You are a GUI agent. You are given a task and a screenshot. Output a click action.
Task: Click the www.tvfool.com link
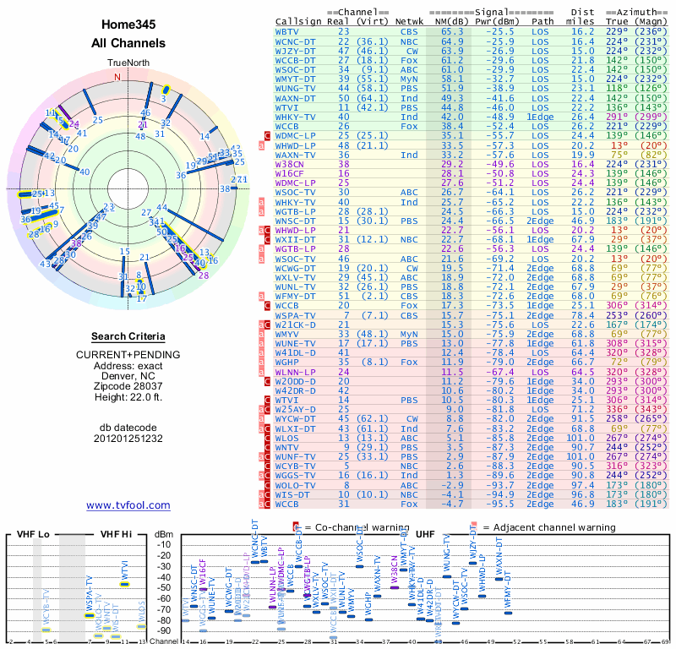click(128, 505)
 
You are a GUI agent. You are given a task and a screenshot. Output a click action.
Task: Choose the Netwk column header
click(411, 20)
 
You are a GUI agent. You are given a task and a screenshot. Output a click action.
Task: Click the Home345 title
click(128, 25)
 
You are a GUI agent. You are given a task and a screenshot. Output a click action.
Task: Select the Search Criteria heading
click(128, 336)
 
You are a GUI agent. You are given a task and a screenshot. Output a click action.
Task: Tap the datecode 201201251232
click(128, 439)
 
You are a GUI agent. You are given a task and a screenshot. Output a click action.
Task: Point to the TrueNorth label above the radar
click(128, 63)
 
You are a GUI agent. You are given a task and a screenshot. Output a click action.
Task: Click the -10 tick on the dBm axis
click(164, 545)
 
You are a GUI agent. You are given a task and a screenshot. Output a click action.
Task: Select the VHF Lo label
click(33, 534)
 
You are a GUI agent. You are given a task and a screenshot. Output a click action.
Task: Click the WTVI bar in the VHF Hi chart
click(124, 583)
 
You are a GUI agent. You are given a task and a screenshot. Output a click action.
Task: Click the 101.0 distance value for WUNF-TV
click(581, 456)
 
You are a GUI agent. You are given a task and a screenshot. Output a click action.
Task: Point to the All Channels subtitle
click(128, 43)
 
